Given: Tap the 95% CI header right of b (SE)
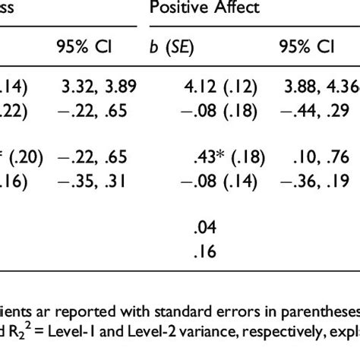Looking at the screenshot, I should [x=306, y=47].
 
